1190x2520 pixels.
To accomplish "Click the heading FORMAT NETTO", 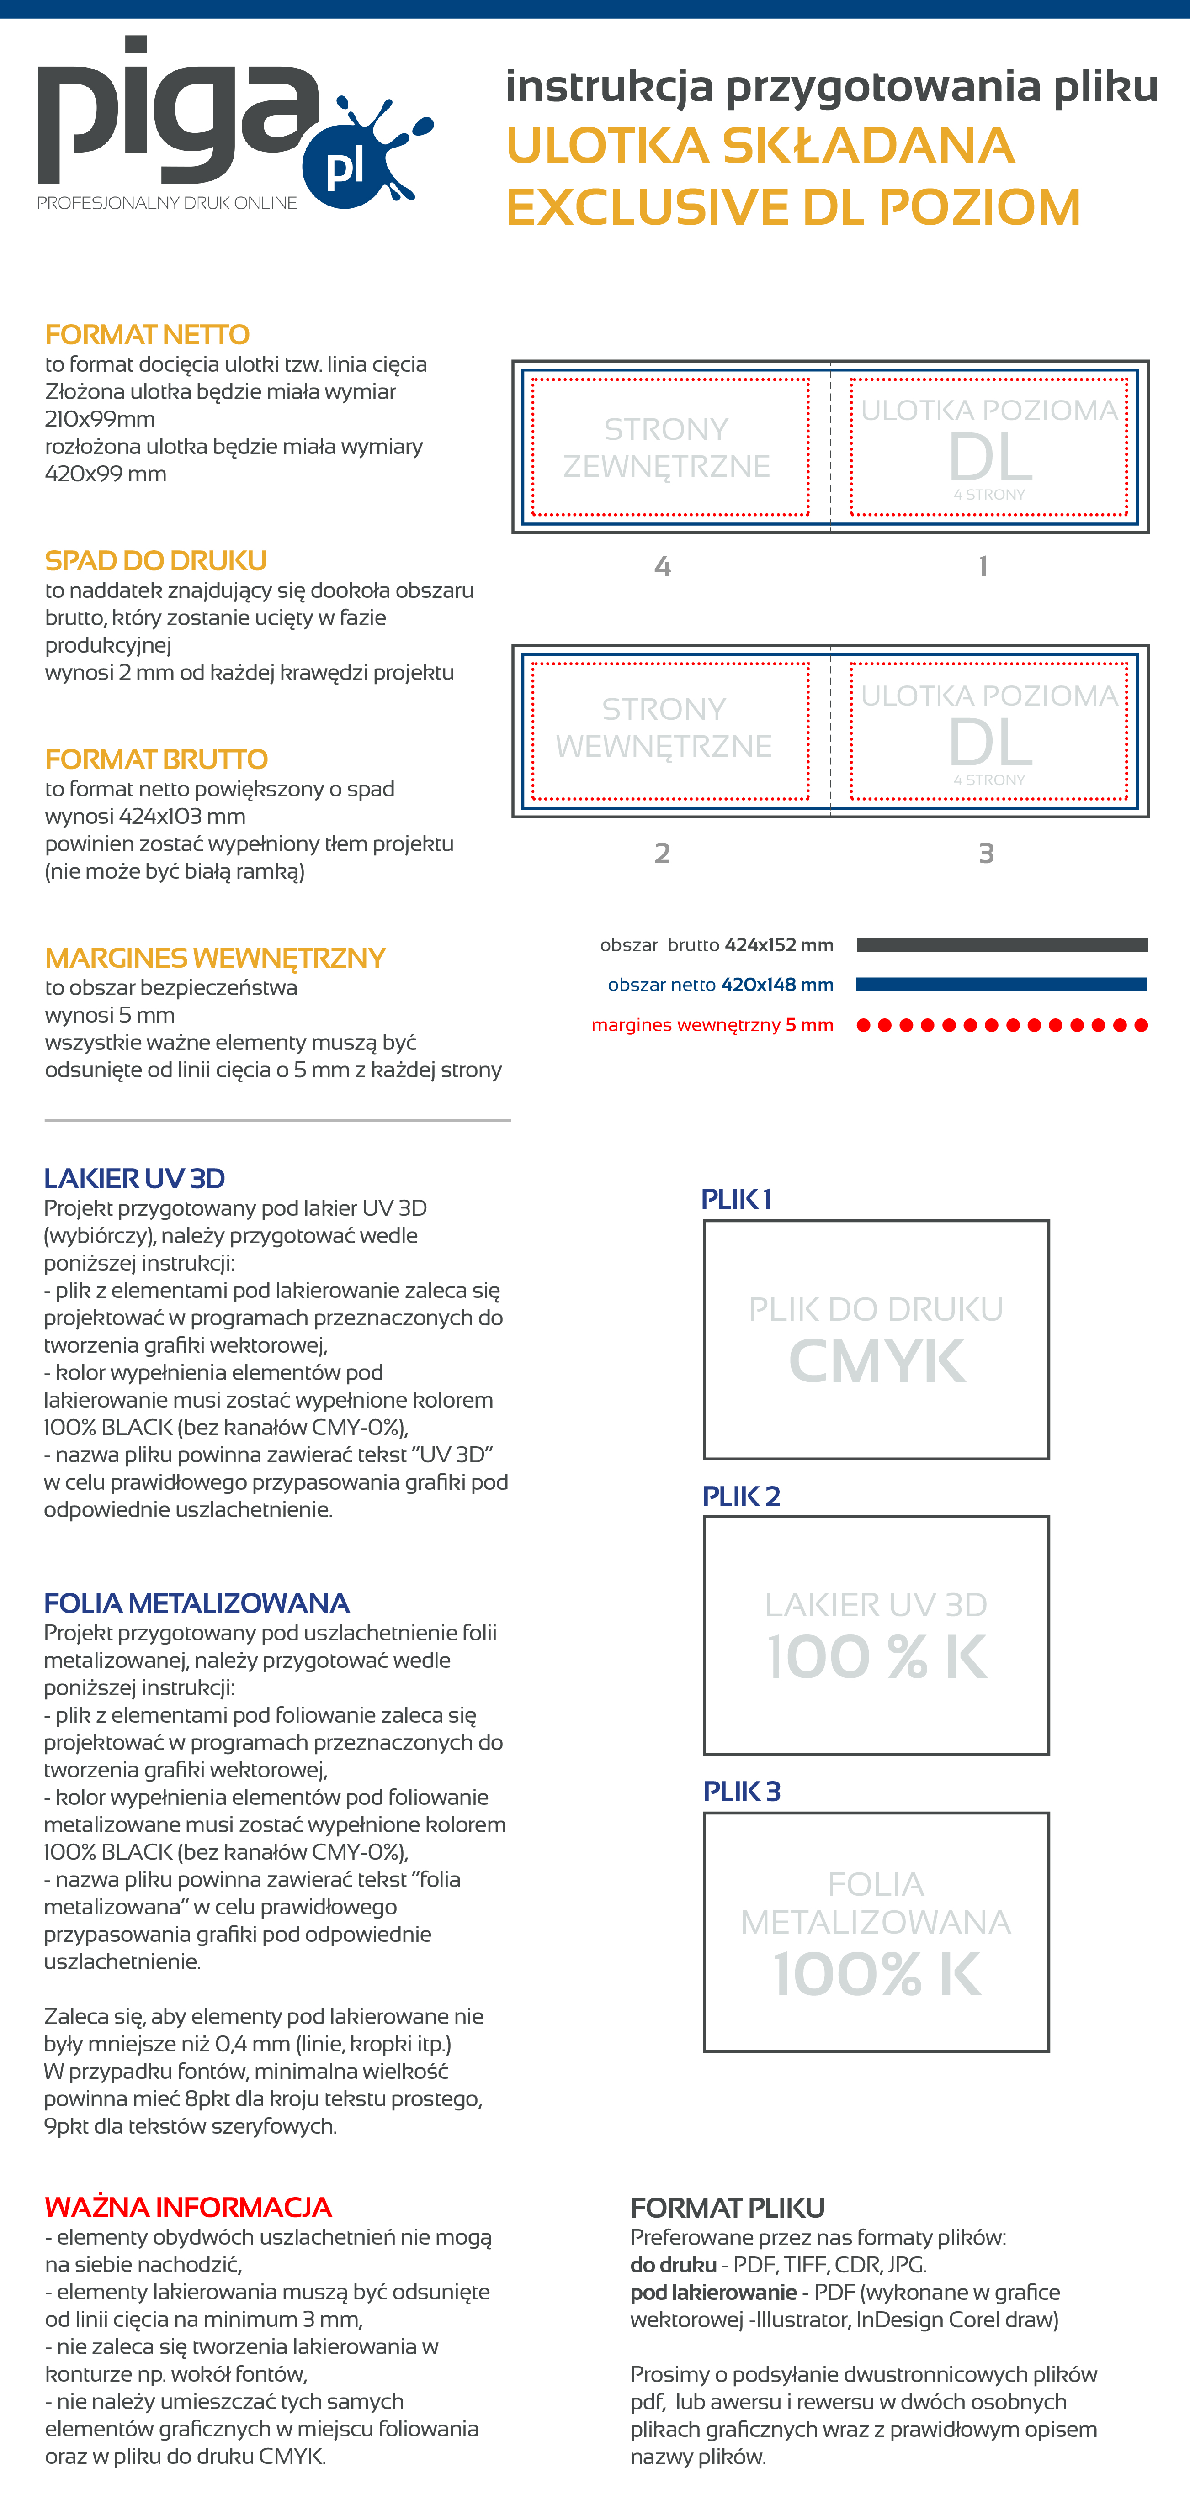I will tap(147, 335).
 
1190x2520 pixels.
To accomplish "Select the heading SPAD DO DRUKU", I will tap(155, 560).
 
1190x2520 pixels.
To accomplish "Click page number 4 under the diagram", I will tap(663, 566).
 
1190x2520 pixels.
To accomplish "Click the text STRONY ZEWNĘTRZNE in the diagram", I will tap(666, 447).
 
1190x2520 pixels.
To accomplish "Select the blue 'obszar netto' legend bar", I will tap(1001, 984).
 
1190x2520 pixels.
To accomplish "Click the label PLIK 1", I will tap(736, 1199).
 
